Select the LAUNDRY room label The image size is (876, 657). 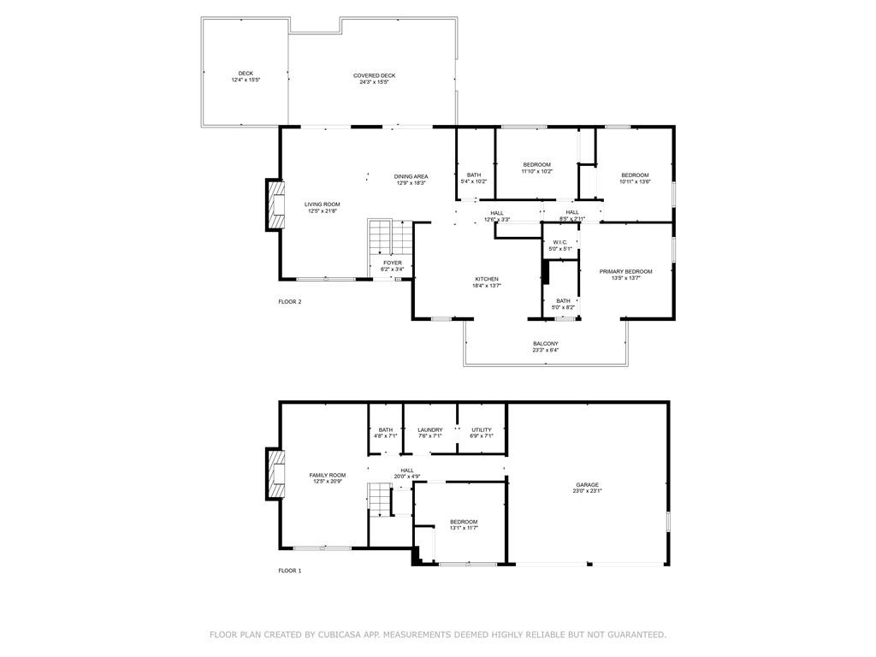point(430,429)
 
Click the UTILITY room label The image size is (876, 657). point(482,429)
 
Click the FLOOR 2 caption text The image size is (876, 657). point(290,301)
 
